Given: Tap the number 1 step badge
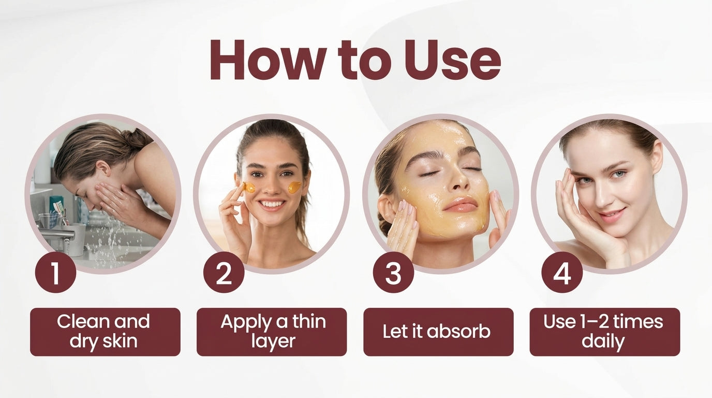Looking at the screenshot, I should (x=55, y=273).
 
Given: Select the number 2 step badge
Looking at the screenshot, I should (x=224, y=273).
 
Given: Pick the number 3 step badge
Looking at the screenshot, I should (x=393, y=273).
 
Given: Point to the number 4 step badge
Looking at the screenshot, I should (x=561, y=273).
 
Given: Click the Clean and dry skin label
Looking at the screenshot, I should (x=105, y=332).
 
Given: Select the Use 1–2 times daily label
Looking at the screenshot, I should (x=604, y=332).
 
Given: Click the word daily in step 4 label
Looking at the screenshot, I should (x=603, y=342).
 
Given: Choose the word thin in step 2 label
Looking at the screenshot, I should (x=308, y=322).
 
